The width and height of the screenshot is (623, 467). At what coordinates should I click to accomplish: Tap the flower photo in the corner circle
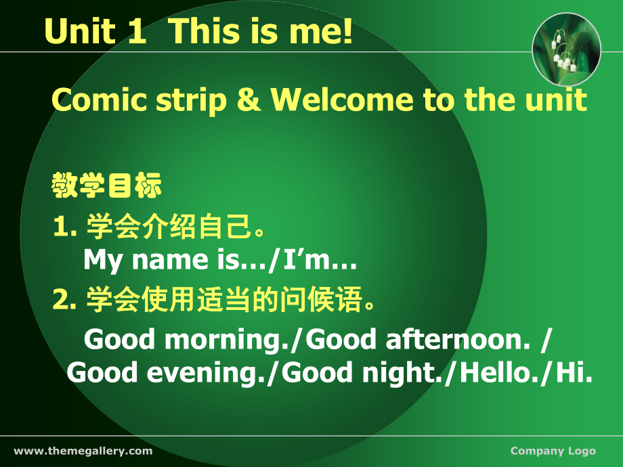(x=567, y=49)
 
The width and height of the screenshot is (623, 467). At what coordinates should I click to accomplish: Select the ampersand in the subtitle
(x=249, y=100)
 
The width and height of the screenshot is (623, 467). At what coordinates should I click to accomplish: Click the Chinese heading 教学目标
(x=107, y=186)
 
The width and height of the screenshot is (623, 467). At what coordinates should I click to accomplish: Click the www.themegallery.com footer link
(x=83, y=451)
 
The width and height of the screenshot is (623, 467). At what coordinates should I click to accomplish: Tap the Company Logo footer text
(x=553, y=451)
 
